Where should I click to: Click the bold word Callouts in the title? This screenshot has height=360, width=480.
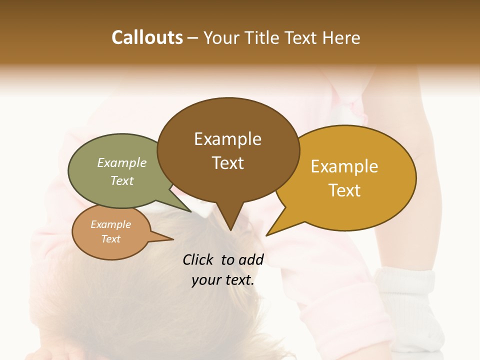[147, 37]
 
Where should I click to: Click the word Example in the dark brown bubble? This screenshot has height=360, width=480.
[227, 139]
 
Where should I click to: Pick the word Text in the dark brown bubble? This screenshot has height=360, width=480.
[227, 163]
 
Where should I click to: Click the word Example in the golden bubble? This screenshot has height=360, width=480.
[344, 166]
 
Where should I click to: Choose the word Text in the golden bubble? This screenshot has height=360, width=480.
[344, 190]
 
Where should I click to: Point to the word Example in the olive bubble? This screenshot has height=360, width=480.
[122, 162]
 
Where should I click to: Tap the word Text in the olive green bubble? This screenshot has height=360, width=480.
[122, 180]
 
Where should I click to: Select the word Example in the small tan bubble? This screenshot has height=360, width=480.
[110, 224]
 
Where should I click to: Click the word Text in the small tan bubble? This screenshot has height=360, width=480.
[110, 239]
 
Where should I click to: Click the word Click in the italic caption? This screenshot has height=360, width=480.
[198, 259]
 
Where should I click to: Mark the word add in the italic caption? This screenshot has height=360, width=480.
[251, 259]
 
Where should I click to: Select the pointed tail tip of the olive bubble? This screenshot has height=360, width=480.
[191, 211]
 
